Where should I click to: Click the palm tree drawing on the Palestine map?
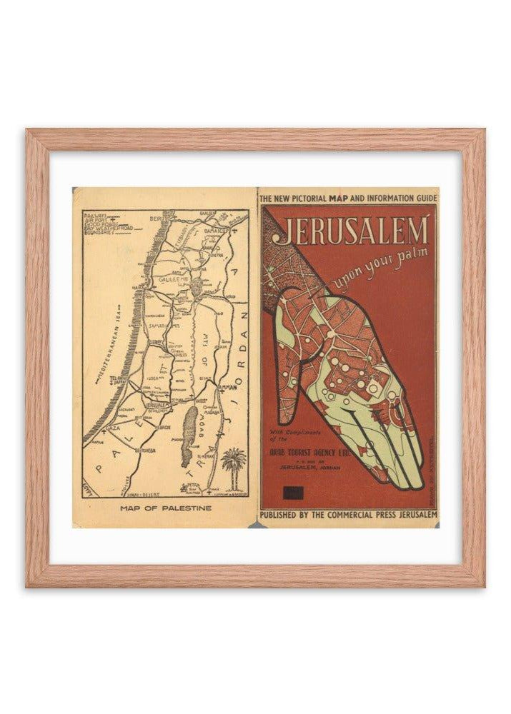tap(233, 463)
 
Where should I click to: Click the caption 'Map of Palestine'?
tap(166, 508)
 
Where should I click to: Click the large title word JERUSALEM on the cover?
tap(352, 231)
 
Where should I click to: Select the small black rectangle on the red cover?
tap(292, 491)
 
